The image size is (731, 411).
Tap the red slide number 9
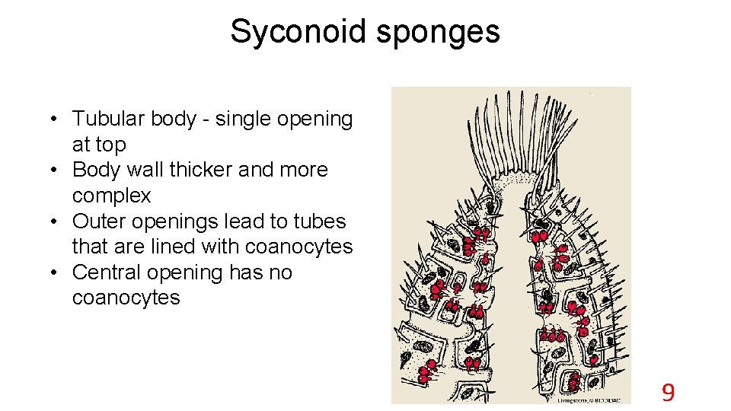[668, 393]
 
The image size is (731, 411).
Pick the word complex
[111, 196]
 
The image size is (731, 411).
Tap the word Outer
[98, 221]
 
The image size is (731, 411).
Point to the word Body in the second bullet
[94, 170]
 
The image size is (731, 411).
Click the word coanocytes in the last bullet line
[126, 298]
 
